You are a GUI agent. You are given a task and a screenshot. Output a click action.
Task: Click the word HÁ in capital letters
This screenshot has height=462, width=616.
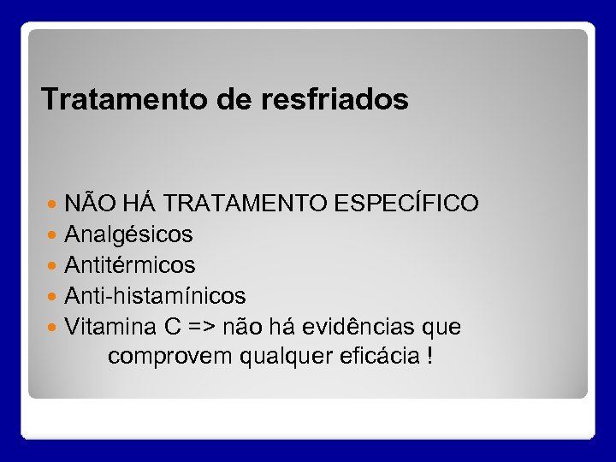point(139,204)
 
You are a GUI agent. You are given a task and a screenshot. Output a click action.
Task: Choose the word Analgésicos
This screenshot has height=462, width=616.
point(129,234)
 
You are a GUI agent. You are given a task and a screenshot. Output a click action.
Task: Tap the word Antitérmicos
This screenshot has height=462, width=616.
point(130,265)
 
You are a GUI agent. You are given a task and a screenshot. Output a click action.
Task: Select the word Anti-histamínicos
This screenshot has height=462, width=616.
point(156,296)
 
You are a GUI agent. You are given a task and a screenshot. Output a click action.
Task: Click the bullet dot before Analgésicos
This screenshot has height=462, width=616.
point(54,234)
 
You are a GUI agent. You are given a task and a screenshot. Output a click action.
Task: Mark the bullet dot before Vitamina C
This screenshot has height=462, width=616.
point(54,327)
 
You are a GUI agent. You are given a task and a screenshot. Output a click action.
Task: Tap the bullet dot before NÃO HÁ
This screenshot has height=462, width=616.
point(54,204)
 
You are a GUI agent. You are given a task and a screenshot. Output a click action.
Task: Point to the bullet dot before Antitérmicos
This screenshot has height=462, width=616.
point(54,265)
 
